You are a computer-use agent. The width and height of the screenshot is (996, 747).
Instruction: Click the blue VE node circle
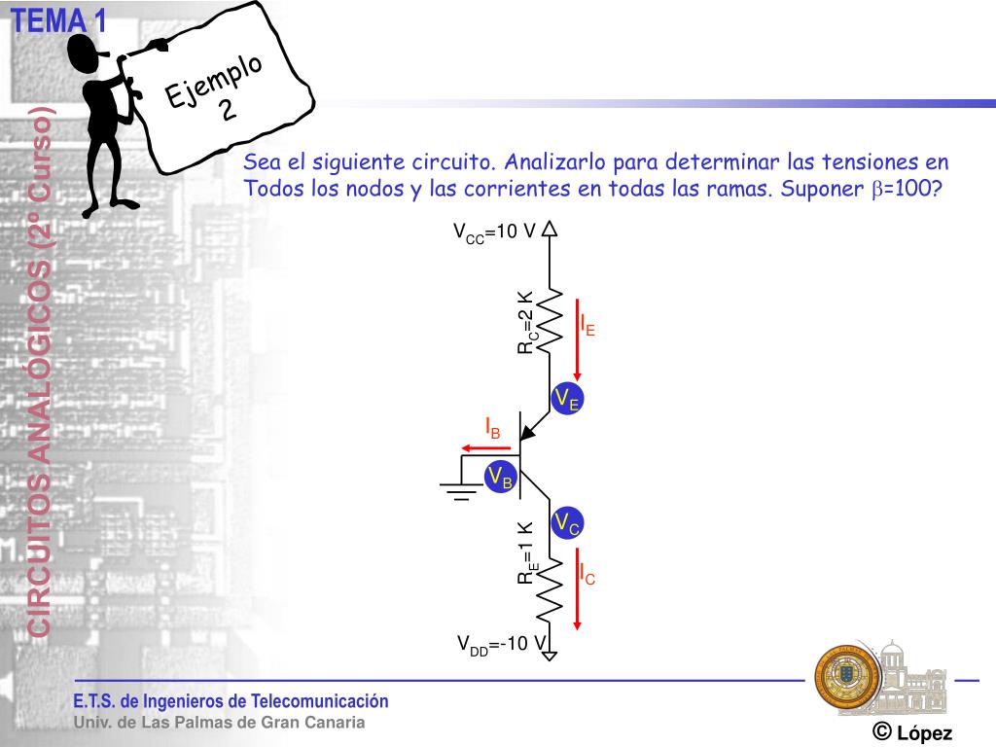[566, 399]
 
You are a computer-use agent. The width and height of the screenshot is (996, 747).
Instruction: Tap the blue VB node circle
[500, 477]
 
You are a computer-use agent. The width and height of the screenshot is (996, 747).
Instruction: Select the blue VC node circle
[567, 523]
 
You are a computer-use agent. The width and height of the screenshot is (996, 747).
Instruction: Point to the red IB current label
[493, 426]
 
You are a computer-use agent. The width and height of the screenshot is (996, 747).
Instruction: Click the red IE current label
[587, 325]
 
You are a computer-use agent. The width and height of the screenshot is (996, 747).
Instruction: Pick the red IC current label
[587, 574]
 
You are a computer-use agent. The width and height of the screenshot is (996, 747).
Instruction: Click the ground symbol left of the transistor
[459, 485]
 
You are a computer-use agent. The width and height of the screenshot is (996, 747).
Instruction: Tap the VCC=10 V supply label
[495, 231]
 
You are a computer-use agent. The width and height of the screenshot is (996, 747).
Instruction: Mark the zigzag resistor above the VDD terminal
[550, 588]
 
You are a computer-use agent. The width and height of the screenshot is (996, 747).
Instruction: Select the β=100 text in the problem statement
[906, 189]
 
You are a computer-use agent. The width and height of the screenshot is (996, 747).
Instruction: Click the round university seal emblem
[845, 675]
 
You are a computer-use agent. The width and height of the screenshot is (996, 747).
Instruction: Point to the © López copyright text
[911, 732]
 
